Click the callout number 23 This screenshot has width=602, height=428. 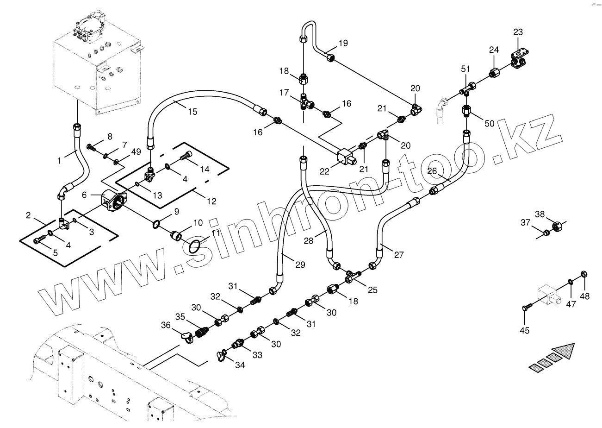pos(518,32)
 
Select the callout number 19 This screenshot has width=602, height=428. pos(342,44)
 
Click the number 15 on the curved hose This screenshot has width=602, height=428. pos(192,111)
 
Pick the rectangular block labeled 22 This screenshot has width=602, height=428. pos(346,156)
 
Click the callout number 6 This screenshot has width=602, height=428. pos(84,195)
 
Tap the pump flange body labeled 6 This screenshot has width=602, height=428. pos(116,204)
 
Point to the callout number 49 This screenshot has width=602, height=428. pos(136,152)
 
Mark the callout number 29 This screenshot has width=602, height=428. pos(300,264)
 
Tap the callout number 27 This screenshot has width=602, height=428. pos(399,254)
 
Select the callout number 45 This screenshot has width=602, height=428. pos(525,330)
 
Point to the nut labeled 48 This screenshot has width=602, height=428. pos(583,274)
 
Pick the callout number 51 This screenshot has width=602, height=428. pos(465,69)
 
